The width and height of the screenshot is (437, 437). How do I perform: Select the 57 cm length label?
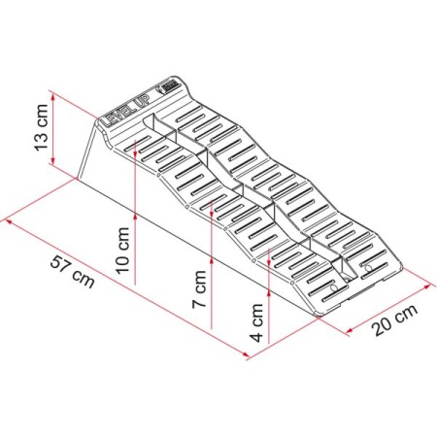[73, 272]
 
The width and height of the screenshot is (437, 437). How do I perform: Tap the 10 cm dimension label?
[123, 251]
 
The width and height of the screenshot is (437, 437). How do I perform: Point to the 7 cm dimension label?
[199, 289]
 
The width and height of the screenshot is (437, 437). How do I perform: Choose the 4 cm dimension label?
[257, 322]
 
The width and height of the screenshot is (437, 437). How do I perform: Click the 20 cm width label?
[394, 320]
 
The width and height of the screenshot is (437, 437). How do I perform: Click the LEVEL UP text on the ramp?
[125, 111]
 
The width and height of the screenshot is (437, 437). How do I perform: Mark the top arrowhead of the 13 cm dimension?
[53, 95]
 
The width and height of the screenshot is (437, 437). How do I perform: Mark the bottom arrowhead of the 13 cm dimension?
[53, 161]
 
